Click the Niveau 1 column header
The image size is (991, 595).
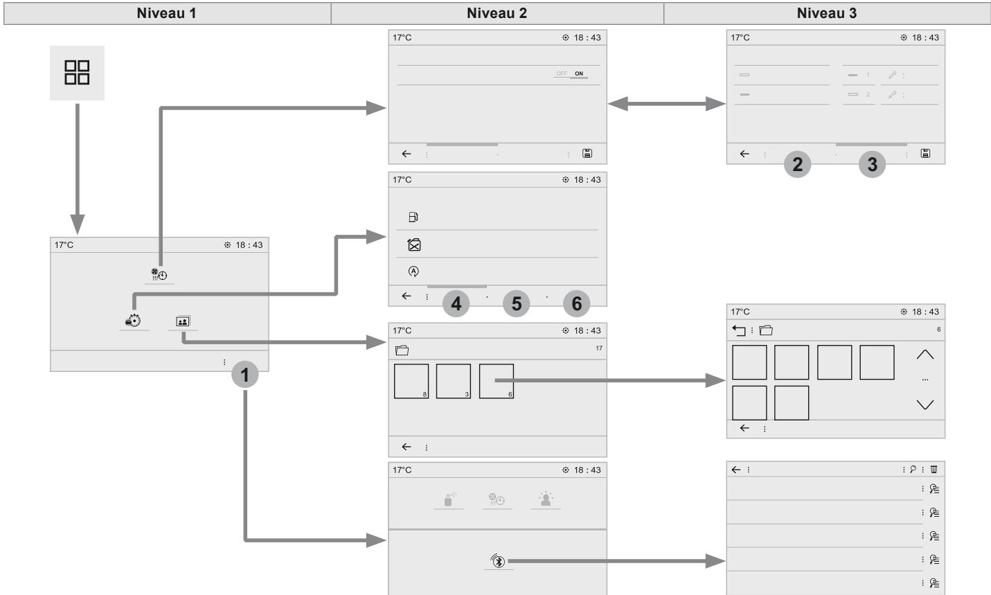pos(166,13)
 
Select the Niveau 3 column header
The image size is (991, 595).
pos(826,13)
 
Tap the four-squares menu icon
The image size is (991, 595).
pos(77,73)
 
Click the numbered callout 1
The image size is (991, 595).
pos(244,375)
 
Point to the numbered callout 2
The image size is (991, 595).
pos(797,165)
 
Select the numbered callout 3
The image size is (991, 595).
pos(872,165)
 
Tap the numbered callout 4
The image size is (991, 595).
pos(456,303)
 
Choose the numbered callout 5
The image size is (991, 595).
pos(517,303)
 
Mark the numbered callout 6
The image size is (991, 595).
pos(576,303)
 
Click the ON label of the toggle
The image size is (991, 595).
pos(579,73)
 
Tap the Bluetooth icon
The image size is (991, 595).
pos(498,561)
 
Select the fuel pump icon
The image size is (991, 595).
pos(413,217)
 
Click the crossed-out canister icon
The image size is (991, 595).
pos(414,245)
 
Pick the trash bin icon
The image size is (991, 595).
pos(934,470)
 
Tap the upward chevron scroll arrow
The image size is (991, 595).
pos(925,355)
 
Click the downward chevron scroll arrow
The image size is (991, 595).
pos(925,405)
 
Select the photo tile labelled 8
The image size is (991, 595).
pos(411,382)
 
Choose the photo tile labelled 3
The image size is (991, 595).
pos(454,382)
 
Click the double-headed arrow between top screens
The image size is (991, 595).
pos(667,104)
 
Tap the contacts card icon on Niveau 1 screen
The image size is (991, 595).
pos(183,321)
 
